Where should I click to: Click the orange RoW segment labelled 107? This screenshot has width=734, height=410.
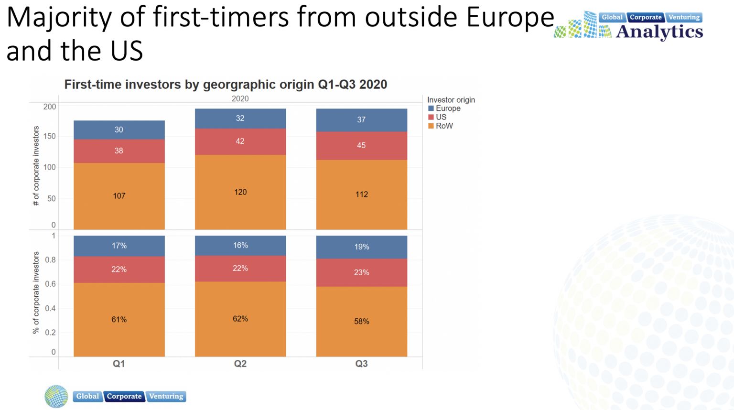[119, 196]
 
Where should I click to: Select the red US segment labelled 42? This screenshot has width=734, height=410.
[240, 141]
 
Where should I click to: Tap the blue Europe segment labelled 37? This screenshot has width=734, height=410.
[361, 119]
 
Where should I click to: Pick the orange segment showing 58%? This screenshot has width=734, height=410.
[361, 321]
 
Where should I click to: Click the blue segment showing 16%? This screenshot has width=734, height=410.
[240, 245]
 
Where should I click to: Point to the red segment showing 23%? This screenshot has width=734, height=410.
[361, 272]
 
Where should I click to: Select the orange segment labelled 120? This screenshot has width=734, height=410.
[240, 192]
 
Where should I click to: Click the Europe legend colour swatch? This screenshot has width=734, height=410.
[431, 108]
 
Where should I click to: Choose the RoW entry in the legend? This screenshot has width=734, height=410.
[444, 126]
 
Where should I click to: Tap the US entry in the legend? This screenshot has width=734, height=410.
[441, 117]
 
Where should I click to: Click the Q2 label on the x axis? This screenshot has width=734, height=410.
[240, 364]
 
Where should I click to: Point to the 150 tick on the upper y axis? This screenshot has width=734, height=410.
[50, 136]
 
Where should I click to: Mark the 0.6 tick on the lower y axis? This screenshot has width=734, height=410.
[50, 284]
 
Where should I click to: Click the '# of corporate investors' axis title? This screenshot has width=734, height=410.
[36, 166]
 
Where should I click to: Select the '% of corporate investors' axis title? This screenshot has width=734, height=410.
[36, 292]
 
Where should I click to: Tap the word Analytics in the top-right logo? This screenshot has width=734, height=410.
[659, 32]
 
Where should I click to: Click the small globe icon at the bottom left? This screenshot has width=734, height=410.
[56, 396]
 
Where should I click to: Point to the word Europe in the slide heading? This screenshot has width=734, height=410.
[509, 17]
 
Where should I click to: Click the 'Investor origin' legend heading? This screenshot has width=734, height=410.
[451, 100]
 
